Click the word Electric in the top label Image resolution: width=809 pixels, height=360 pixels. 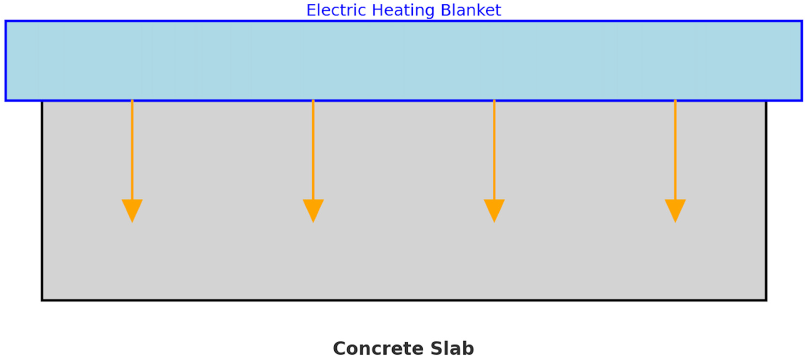pyautogui.click(x=336, y=10)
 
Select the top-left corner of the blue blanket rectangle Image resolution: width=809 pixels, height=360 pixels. pyautogui.click(x=6, y=21)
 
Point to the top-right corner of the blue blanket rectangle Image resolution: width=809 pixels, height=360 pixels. pyautogui.click(x=802, y=21)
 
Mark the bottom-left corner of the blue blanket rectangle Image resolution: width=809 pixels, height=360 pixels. pyautogui.click(x=6, y=100)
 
